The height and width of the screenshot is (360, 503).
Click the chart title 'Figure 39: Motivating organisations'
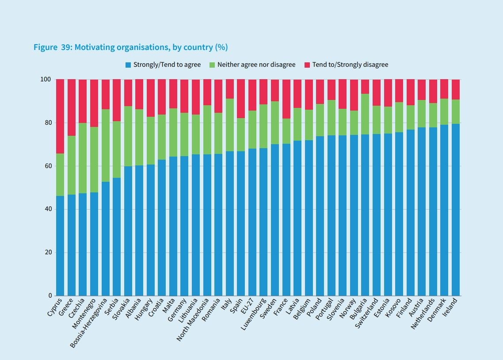(130, 47)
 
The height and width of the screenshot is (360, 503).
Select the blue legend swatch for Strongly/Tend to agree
(128, 65)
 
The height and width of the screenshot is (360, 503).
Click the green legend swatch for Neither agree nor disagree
(212, 65)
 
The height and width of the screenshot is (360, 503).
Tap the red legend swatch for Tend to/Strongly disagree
(307, 65)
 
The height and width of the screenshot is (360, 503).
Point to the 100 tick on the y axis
(46, 80)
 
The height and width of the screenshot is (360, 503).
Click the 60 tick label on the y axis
(47, 166)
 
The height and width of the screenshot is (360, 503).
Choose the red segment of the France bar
(286, 99)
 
